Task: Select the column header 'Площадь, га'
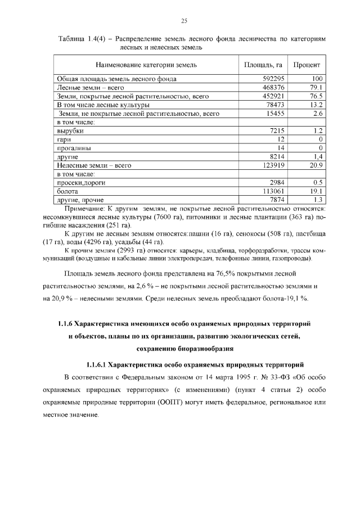(x=263, y=65)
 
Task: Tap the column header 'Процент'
(x=307, y=65)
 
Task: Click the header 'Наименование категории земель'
(x=146, y=65)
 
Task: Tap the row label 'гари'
(x=64, y=139)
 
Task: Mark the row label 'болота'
(x=67, y=191)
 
